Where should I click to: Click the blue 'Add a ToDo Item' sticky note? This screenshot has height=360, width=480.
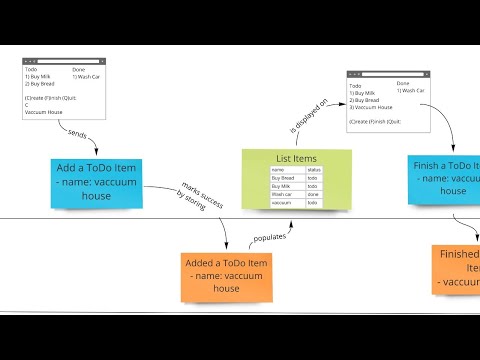96,182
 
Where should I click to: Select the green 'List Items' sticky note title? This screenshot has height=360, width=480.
296,159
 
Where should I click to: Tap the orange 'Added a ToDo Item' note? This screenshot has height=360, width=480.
226,275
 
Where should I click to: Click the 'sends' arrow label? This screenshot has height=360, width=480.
79,134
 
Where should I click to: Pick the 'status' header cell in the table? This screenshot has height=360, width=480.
313,170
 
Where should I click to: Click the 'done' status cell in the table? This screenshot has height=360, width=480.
313,194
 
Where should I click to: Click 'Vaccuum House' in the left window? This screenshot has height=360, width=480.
45,112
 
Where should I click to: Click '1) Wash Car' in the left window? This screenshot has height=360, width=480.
89,76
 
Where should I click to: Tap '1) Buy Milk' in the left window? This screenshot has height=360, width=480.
39,76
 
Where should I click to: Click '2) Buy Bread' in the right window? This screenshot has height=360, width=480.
366,101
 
